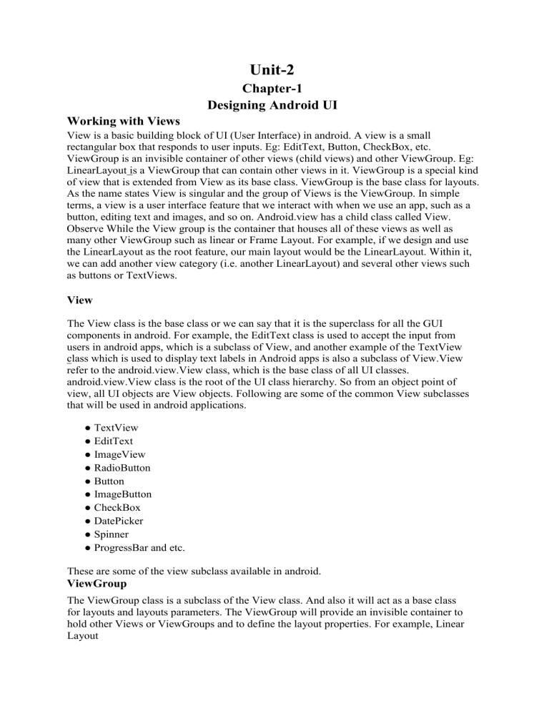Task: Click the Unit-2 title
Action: [x=274, y=69]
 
